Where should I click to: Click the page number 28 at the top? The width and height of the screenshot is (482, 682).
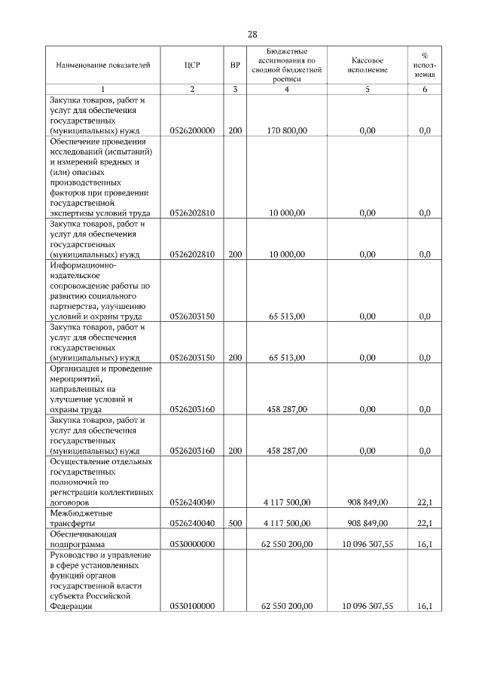252,34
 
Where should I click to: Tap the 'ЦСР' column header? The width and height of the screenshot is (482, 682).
191,65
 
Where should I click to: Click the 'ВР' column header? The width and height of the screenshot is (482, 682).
235,65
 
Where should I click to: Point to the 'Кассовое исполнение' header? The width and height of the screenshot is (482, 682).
368,65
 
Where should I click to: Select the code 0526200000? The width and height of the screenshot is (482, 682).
192,131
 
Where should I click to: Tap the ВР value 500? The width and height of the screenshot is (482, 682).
235,522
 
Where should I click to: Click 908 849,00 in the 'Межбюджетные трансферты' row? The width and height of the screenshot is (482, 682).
368,522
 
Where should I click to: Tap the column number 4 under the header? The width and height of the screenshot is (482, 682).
286,90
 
